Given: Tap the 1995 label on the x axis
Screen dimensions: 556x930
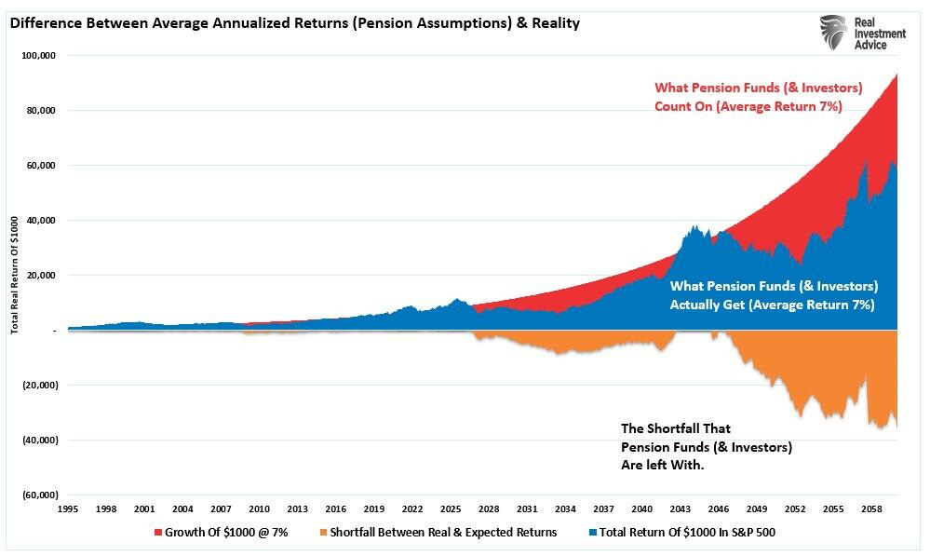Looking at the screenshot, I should coord(67,509).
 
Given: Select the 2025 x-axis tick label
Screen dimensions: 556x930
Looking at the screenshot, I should coord(450,509).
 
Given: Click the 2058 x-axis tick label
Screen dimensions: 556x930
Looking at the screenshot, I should coord(870,509).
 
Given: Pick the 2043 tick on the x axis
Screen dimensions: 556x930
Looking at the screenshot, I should coord(680,509).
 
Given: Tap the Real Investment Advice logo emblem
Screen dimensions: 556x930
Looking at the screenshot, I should coord(834,33).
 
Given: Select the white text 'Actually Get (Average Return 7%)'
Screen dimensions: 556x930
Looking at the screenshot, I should coord(772,305).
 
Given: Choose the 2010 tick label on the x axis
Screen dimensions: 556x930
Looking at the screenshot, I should coord(258,509).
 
